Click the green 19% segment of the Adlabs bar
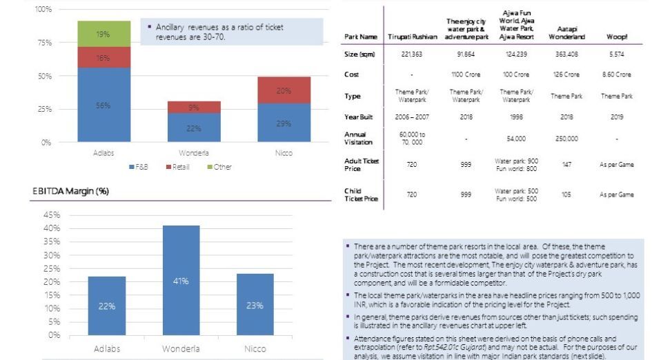click(x=103, y=34)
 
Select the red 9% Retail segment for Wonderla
click(x=194, y=107)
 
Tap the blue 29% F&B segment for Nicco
click(x=284, y=123)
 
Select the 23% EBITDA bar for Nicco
click(x=255, y=304)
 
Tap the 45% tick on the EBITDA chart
click(x=52, y=215)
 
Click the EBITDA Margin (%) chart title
click(x=70, y=191)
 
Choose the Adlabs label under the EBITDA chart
click(x=106, y=349)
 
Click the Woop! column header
click(x=616, y=37)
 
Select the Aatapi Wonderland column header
click(x=566, y=33)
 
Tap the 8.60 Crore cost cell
click(x=616, y=74)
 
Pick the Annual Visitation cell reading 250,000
click(x=566, y=139)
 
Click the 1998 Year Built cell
click(x=516, y=117)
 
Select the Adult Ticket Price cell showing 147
click(x=566, y=165)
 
